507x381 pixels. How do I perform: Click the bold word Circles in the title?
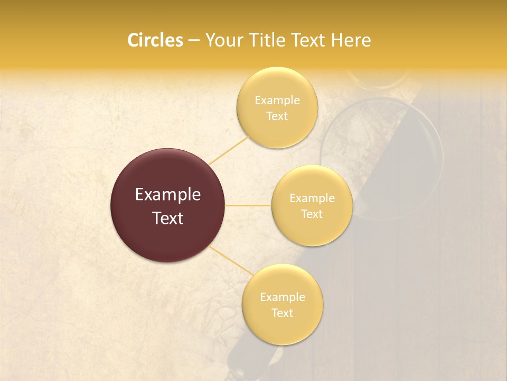(155, 40)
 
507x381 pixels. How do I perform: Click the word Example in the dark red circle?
(168, 195)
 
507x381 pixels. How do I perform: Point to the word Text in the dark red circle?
(168, 218)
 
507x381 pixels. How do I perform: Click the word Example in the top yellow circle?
(277, 101)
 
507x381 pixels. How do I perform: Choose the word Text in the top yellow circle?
(277, 116)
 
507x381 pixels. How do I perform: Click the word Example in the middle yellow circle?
(312, 198)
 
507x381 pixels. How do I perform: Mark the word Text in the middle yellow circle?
(312, 214)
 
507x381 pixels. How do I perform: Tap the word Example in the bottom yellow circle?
(283, 297)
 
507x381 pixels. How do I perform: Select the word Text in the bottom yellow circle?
(282, 313)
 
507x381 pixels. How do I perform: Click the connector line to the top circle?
(228, 151)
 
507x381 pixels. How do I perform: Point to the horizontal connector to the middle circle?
(248, 205)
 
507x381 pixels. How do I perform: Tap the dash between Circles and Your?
(193, 41)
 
